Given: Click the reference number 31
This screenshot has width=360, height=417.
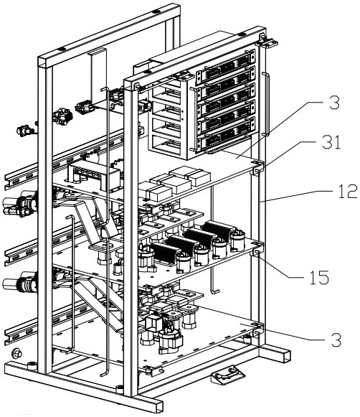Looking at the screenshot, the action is point(331,143).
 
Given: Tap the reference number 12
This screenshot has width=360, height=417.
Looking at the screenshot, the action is point(348,192).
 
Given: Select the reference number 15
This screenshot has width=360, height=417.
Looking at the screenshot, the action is point(319,277).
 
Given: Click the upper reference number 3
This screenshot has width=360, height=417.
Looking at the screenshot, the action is point(334,103).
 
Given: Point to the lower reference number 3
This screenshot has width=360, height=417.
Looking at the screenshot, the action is point(336,339).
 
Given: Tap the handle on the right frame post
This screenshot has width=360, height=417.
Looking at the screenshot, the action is point(266,104).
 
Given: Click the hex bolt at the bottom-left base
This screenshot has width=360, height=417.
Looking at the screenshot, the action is point(17,353).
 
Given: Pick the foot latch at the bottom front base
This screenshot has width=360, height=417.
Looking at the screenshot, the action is point(227,374).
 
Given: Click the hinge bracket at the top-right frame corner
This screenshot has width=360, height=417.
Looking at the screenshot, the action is point(267,41).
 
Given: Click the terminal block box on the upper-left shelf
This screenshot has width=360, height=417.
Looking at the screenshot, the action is point(95,175).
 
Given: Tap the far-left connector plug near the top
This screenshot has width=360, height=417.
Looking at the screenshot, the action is point(24,131).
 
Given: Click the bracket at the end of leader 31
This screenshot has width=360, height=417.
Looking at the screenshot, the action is point(257,167).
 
